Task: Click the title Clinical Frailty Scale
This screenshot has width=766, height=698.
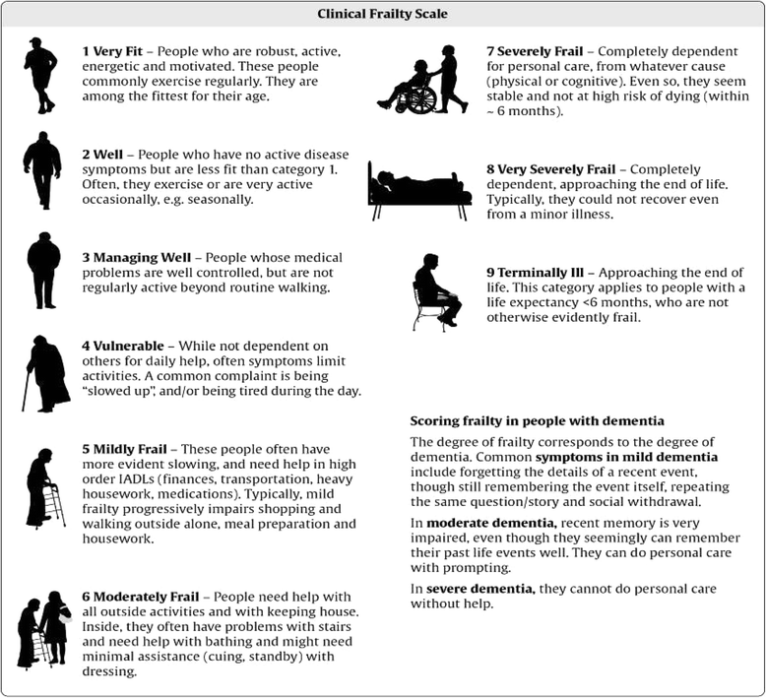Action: pyautogui.click(x=382, y=15)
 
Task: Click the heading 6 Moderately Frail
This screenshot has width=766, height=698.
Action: pyautogui.click(x=144, y=599)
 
